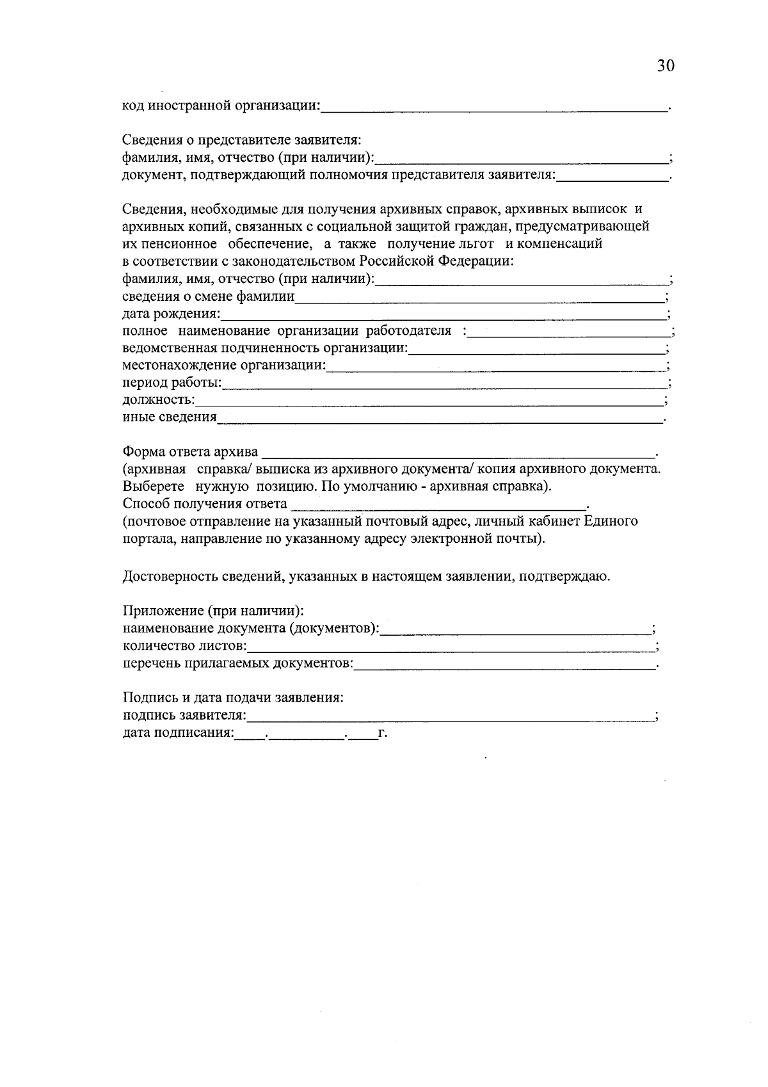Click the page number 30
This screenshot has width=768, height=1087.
pyautogui.click(x=666, y=66)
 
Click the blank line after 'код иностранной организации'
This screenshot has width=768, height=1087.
pyautogui.click(x=493, y=108)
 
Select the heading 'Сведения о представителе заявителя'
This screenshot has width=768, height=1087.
pyautogui.click(x=243, y=140)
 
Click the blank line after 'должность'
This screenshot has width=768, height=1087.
pyautogui.click(x=429, y=401)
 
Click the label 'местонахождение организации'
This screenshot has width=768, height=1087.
pyautogui.click(x=223, y=366)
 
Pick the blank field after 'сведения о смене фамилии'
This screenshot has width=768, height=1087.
pyautogui.click(x=480, y=298)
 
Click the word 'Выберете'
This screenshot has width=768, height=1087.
pyautogui.click(x=153, y=487)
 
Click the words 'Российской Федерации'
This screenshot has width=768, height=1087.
pyautogui.click(x=436, y=261)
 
